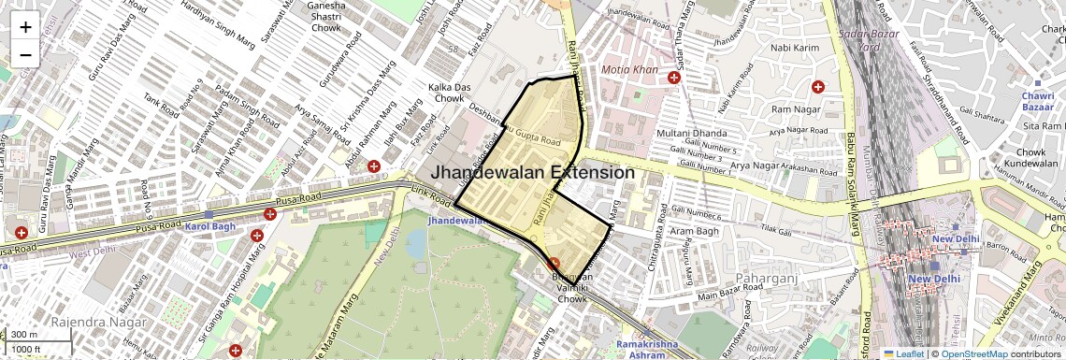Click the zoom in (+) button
25,26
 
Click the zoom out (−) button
25,54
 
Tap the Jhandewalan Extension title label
532,172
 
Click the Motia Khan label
630,71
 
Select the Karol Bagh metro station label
206,227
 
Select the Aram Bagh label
693,231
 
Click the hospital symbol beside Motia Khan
674,78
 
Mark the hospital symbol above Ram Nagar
818,87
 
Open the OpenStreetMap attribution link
974,353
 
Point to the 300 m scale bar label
25,335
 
